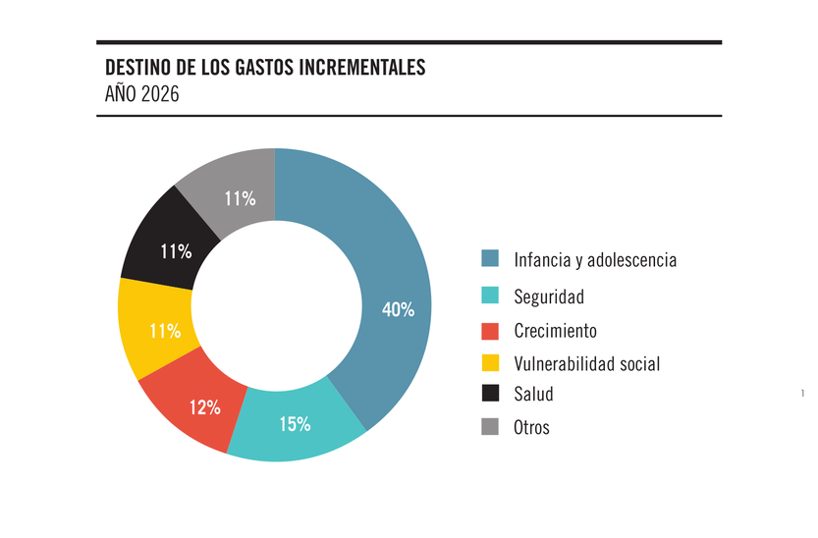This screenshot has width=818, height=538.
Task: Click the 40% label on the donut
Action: (398, 310)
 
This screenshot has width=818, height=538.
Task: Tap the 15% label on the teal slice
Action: (295, 424)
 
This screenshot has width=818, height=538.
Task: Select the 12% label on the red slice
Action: (204, 407)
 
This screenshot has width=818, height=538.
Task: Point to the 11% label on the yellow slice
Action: (165, 331)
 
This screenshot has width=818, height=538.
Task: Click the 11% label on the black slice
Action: (176, 251)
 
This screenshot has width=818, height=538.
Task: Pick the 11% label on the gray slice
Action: (240, 199)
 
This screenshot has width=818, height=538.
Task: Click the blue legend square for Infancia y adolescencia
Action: (490, 259)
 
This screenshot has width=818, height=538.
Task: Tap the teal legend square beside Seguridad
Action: (490, 296)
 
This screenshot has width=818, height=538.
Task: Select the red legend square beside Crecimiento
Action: (490, 330)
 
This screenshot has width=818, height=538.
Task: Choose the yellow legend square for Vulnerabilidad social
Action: (490, 363)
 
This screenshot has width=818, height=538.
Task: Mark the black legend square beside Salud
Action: (490, 394)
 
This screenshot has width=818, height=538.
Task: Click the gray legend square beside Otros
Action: (490, 427)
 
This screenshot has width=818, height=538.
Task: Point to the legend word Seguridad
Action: (549, 296)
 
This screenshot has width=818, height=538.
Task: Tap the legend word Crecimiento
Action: (555, 331)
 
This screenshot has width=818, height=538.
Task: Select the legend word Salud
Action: (533, 395)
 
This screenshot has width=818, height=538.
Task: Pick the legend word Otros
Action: (531, 428)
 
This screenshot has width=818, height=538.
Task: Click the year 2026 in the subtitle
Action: (158, 95)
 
